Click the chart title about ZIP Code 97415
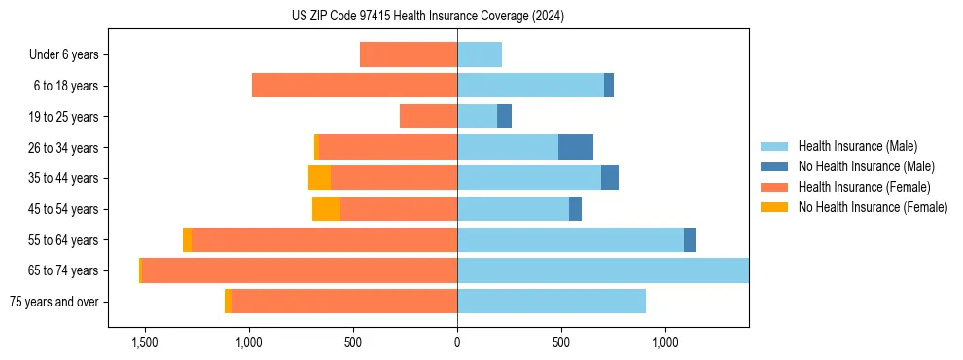point(428,17)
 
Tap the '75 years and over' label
point(53,302)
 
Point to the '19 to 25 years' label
point(63,117)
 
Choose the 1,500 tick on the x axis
point(144,342)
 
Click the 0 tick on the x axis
point(457,342)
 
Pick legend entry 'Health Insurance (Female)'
point(864,187)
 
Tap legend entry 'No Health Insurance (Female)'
point(873,207)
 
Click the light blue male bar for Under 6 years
point(480,55)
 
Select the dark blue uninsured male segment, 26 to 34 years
point(576,148)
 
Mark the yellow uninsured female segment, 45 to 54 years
point(326,209)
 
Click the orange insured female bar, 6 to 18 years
point(354,86)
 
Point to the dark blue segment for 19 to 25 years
point(504,117)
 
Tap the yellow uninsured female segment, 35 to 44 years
point(319,178)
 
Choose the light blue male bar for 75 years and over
point(552,302)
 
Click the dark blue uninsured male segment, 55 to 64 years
point(690,240)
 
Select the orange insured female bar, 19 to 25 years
point(428,117)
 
